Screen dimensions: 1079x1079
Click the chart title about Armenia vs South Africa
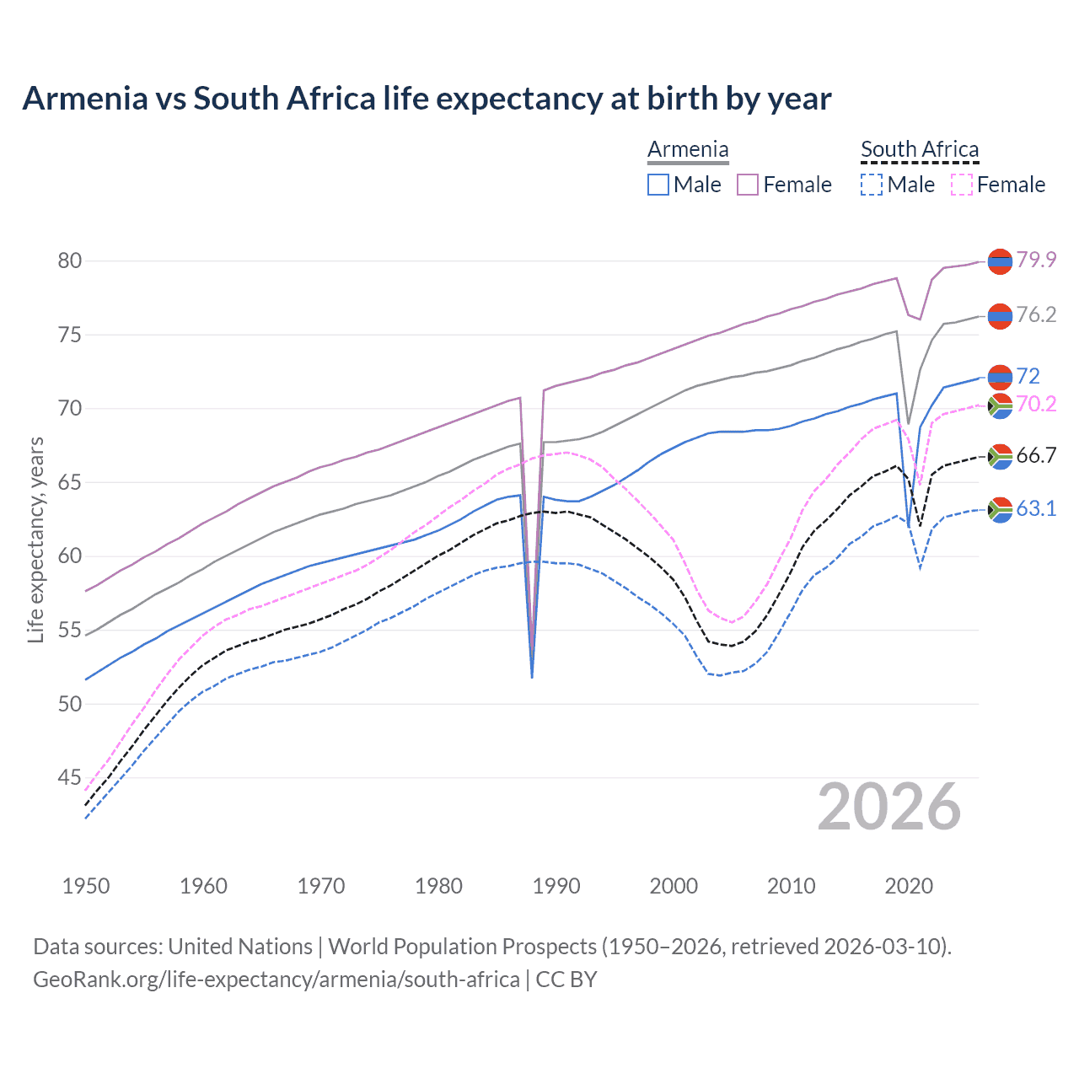tap(427, 99)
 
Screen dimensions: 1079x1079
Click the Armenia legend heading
tap(688, 149)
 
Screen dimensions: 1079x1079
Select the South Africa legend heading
tap(920, 149)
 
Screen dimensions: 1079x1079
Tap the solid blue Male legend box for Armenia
tap(658, 185)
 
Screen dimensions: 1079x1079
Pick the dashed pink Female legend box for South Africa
tap(962, 185)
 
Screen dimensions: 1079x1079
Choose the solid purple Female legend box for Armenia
tap(749, 185)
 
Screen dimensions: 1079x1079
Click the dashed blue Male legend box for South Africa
tap(872, 185)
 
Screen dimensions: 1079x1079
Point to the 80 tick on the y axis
tap(70, 260)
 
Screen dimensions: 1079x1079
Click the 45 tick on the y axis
tap(70, 777)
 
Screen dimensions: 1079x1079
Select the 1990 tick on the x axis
tap(556, 886)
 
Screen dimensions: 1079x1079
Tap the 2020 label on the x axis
tap(909, 886)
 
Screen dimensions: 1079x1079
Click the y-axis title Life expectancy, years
tap(35, 539)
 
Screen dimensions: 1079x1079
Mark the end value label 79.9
tap(1036, 260)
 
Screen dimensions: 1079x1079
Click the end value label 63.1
tap(1036, 508)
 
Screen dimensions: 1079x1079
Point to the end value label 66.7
tap(1036, 455)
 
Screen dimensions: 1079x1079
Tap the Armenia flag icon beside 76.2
tap(1000, 316)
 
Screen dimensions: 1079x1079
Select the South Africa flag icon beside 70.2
tap(1000, 405)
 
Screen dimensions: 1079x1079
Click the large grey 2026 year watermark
tap(889, 807)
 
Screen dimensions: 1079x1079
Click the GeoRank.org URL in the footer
tap(276, 980)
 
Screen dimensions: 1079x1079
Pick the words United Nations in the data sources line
tap(240, 947)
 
